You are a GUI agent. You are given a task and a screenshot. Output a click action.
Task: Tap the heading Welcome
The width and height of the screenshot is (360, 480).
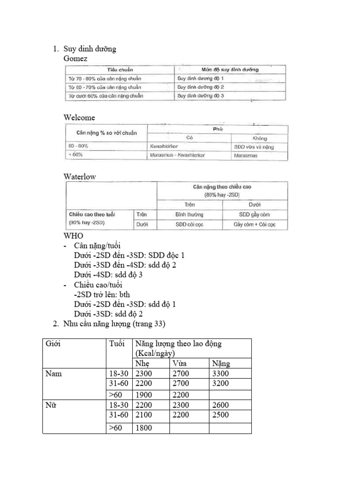tap(79, 118)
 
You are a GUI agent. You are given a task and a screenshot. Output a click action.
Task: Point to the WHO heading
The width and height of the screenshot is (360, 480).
tap(73, 235)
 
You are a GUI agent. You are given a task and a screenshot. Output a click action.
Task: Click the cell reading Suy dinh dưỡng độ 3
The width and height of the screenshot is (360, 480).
tap(201, 96)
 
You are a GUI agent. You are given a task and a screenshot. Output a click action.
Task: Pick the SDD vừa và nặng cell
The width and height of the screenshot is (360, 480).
tap(254, 147)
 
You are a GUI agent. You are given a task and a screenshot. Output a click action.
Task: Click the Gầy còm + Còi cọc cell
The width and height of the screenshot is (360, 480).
tap(255, 225)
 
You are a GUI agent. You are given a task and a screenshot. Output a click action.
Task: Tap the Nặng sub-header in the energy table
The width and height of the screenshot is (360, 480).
tap(221, 364)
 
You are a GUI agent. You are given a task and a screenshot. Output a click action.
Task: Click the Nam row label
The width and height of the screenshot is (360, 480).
tap(54, 374)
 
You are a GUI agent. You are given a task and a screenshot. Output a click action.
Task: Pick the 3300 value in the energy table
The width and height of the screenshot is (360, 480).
tap(221, 374)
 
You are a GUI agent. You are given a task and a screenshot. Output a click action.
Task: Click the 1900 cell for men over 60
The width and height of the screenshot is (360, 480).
tap(144, 395)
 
